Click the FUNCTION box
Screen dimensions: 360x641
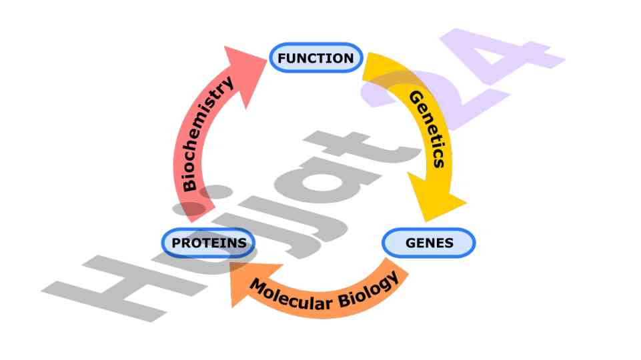click(x=315, y=58)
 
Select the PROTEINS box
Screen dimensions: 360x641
click(x=209, y=243)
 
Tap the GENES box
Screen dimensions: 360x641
click(x=429, y=243)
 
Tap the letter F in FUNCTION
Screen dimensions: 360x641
click(x=281, y=59)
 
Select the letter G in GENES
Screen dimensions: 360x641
click(x=410, y=243)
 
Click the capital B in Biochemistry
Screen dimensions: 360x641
click(x=190, y=184)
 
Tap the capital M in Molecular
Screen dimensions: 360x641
click(x=257, y=285)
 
